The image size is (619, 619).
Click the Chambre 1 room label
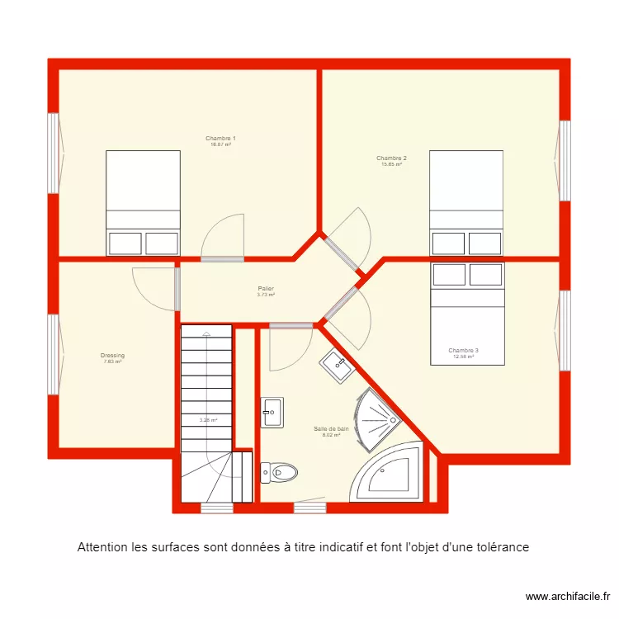(x=220, y=139)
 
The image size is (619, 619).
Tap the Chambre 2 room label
(x=391, y=158)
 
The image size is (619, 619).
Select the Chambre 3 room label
(x=463, y=351)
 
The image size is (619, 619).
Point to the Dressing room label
(x=112, y=356)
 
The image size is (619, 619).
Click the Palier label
(x=265, y=289)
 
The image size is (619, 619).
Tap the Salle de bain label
(x=331, y=429)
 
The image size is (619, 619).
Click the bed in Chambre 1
(x=143, y=202)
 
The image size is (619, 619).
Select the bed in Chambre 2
(x=466, y=202)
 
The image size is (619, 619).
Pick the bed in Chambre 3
(x=466, y=314)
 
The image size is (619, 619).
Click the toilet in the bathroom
(x=278, y=473)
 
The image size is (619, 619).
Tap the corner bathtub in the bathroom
(x=388, y=475)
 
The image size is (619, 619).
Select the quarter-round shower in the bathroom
(x=376, y=417)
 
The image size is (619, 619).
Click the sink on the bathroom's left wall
(x=272, y=412)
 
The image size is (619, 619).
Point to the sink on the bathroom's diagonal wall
(x=337, y=364)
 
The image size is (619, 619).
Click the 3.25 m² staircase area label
(x=208, y=420)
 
